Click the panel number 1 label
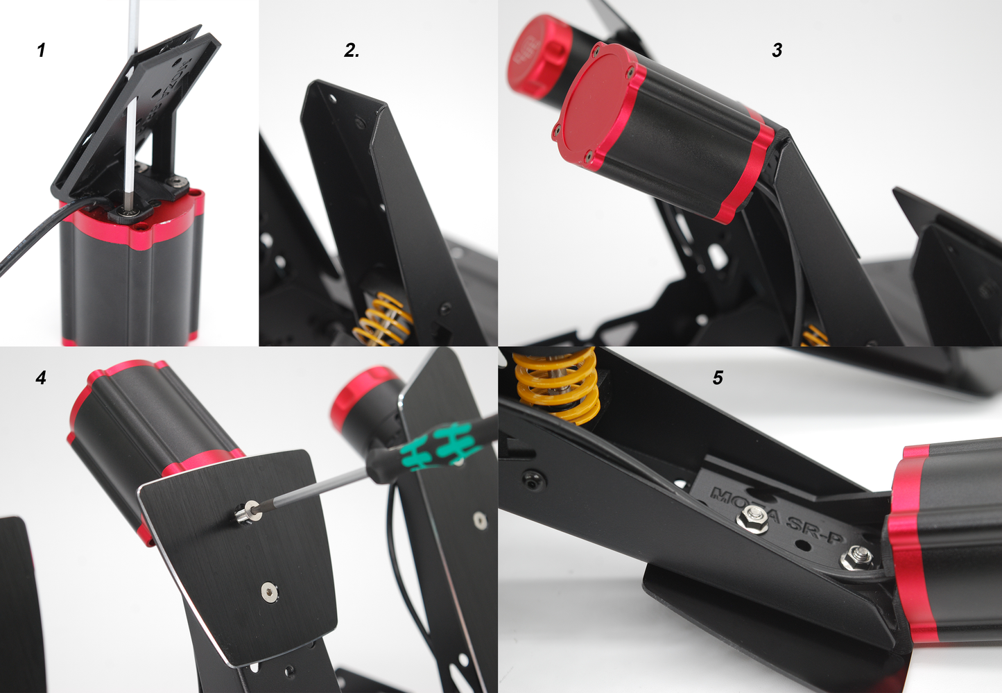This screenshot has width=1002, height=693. (41, 50)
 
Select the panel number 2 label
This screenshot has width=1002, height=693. (352, 50)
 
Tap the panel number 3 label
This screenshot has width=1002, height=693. (777, 50)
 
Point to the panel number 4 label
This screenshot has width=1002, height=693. (41, 377)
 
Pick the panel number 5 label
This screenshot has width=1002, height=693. (717, 377)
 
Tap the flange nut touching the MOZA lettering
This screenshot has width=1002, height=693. (752, 517)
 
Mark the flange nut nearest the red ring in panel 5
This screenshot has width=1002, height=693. (857, 557)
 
